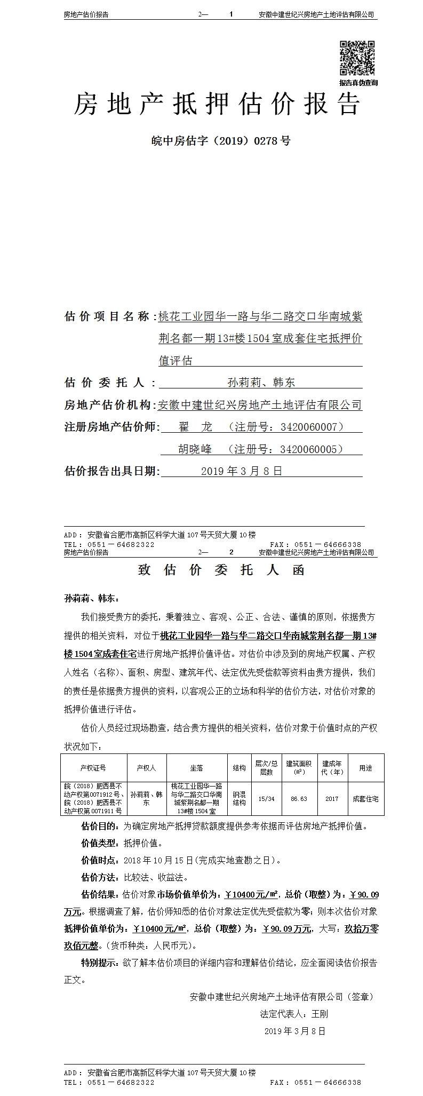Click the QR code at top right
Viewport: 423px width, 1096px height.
tap(357, 58)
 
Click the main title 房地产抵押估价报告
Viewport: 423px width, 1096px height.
tap(217, 104)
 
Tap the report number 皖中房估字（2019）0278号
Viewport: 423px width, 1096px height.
tap(221, 141)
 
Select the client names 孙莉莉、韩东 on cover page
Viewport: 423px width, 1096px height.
tap(261, 382)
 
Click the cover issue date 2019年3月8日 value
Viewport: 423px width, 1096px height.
tap(241, 471)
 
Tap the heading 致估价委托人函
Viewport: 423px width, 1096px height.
tap(221, 570)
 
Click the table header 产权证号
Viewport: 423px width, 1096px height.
tap(93, 768)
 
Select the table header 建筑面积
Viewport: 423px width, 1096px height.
tap(299, 768)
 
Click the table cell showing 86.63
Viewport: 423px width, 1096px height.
tap(299, 799)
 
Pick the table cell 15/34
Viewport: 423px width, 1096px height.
tap(266, 799)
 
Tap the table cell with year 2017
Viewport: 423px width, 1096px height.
tap(332, 799)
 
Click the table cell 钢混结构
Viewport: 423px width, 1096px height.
tap(239, 799)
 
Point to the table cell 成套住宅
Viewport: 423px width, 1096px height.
tap(365, 799)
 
